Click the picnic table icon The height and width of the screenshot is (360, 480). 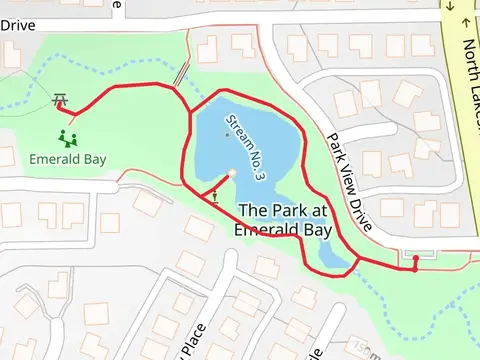pyautogui.click(x=61, y=100)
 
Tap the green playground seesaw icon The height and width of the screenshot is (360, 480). pyautogui.click(x=68, y=136)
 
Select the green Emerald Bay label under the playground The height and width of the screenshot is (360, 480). pyautogui.click(x=69, y=158)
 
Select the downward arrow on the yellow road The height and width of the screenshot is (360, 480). pyautogui.click(x=451, y=7)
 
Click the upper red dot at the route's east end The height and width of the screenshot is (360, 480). pyautogui.click(x=416, y=258)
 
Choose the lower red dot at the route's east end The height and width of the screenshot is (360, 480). pyautogui.click(x=415, y=270)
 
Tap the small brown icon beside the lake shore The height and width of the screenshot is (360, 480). pyautogui.click(x=215, y=195)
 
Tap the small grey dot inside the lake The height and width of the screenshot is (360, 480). pyautogui.click(x=226, y=132)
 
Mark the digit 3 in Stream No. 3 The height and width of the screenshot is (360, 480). pyautogui.click(x=260, y=175)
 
